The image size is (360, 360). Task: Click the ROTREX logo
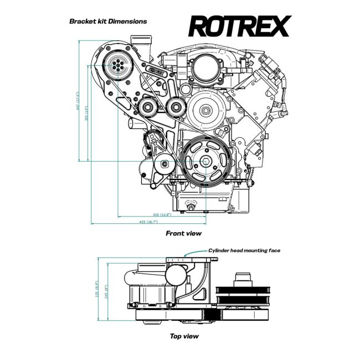click(239, 26)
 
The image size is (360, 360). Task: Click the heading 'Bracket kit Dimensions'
click(108, 21)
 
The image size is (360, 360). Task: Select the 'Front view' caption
click(183, 233)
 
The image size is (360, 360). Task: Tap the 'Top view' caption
click(184, 336)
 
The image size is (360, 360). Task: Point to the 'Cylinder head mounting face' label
click(244, 250)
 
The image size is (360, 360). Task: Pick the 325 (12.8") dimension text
click(162, 214)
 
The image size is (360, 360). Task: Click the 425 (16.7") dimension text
click(148, 222)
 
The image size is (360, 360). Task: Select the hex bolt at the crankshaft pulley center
click(205, 162)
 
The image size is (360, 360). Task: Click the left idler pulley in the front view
click(148, 107)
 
